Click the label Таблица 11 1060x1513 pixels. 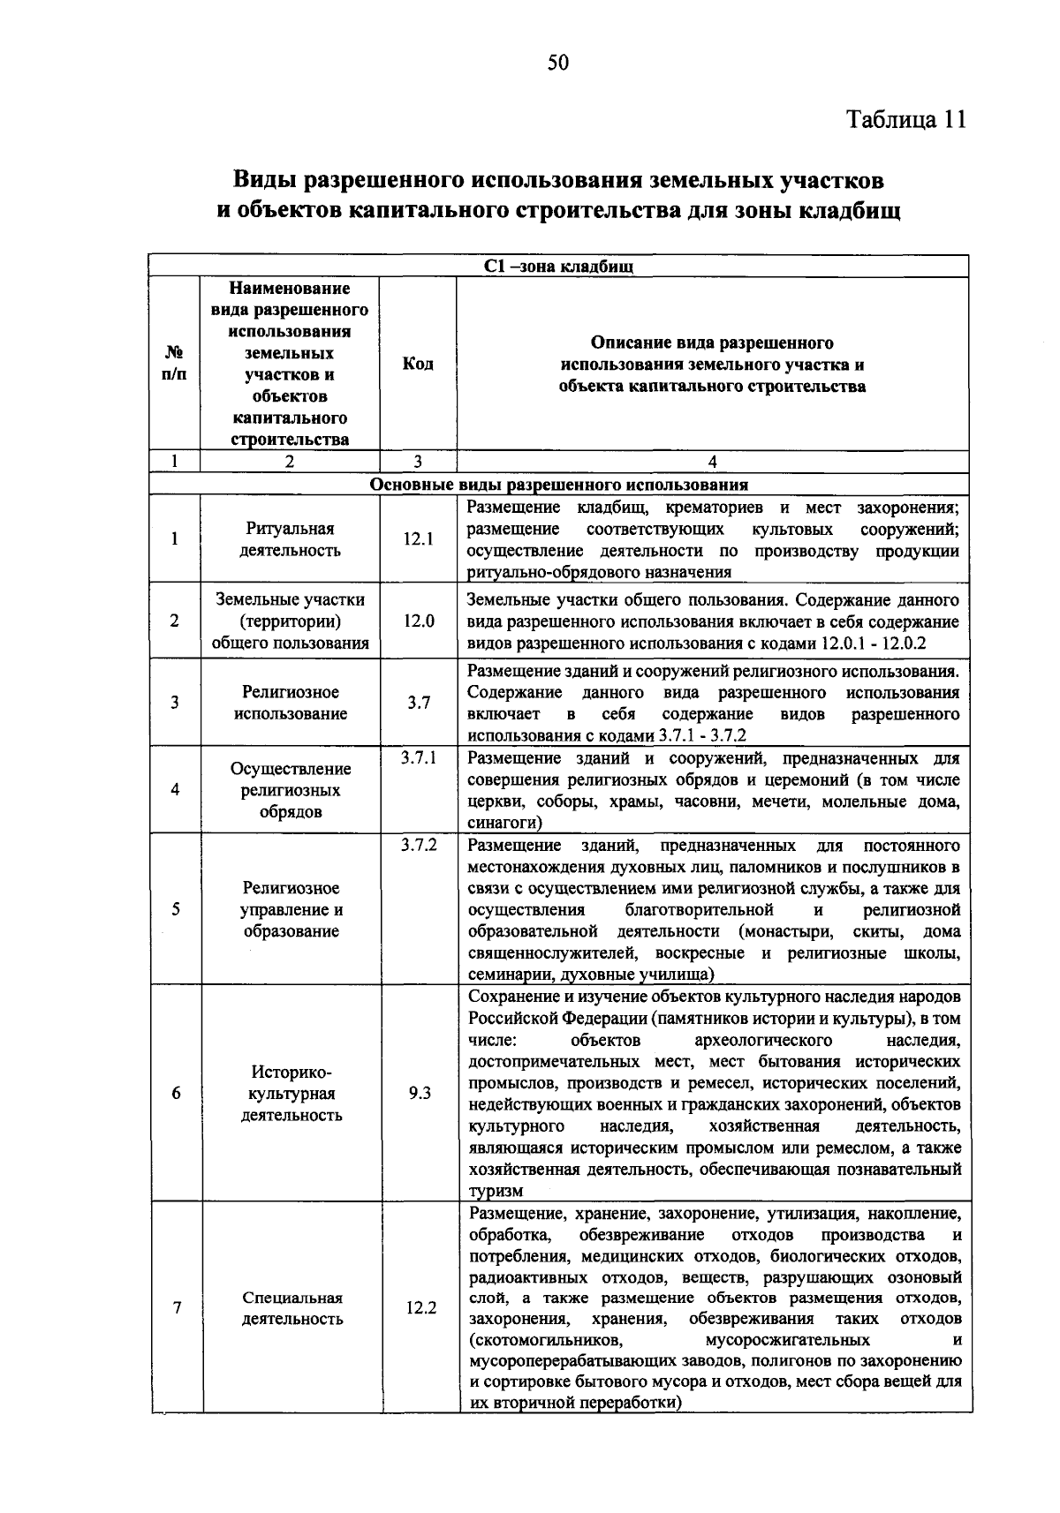coord(906,119)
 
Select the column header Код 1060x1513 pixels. coord(418,364)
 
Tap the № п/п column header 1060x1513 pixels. coord(174,363)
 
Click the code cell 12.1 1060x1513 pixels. coord(419,538)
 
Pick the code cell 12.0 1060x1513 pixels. coord(419,621)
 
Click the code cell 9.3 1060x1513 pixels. coord(420,1093)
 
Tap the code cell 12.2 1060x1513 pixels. coord(420,1308)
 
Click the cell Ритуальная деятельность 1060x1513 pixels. coord(291,539)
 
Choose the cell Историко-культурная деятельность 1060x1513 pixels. coord(291,1093)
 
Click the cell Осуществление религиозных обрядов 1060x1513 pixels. coord(291,790)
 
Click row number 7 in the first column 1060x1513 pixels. coord(176,1308)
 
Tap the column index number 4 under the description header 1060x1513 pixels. coord(713,461)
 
